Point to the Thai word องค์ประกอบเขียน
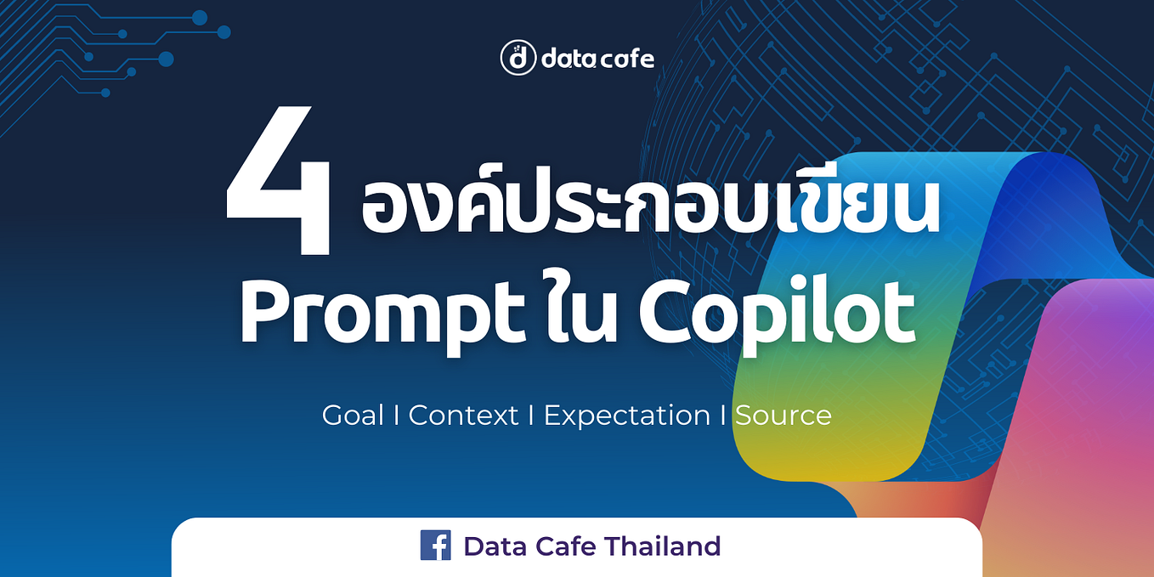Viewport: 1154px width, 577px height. [x=650, y=208]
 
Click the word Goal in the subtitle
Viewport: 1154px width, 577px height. [x=353, y=416]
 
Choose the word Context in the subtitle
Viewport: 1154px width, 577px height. [x=463, y=416]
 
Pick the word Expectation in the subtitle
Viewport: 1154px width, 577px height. [x=627, y=416]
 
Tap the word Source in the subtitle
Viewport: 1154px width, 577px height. [x=783, y=416]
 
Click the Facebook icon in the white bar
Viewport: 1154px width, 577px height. [x=435, y=546]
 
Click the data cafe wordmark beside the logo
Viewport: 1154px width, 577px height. [x=597, y=59]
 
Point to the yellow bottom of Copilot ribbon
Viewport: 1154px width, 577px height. [x=816, y=459]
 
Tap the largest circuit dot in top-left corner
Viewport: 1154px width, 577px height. [x=166, y=59]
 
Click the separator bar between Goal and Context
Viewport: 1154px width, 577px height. [x=396, y=416]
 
